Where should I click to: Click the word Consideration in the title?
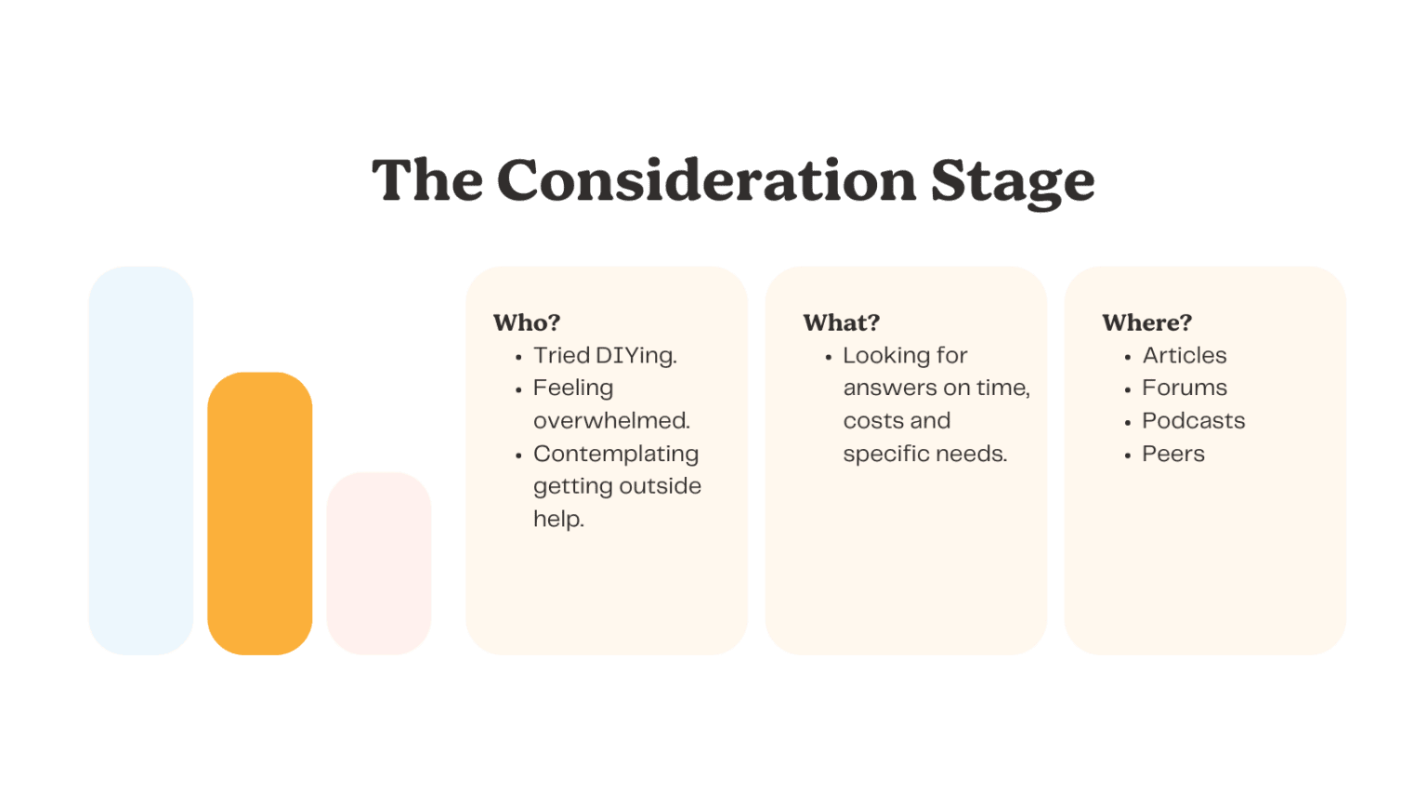coord(706,180)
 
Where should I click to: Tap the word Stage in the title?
coord(1013,184)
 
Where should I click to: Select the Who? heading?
coord(527,323)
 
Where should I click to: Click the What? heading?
coord(841,323)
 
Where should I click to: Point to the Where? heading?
coord(1146,323)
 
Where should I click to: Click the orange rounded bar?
coord(260,513)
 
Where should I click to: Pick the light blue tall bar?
coord(141,460)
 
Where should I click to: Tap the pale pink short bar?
coord(379,563)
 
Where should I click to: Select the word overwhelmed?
coord(611,421)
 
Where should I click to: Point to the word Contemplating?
coord(616,455)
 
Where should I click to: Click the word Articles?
coord(1185,356)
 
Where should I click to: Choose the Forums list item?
coord(1185,388)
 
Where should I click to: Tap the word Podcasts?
coord(1193,421)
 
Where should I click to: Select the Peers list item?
coord(1173,454)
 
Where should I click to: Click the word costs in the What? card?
coord(869,421)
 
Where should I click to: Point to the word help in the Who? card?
coord(558,520)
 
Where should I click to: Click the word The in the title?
coord(427,180)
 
